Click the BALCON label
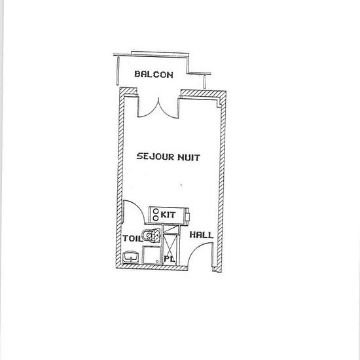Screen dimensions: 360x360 tap(154, 74)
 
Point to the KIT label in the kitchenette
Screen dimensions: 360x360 tap(168, 215)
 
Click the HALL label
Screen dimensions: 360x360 tap(202, 234)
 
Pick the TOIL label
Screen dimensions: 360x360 tap(132, 238)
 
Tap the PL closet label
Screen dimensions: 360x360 tap(170, 259)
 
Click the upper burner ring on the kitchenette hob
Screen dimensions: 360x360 tap(156, 211)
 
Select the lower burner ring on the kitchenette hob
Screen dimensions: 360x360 tap(156, 218)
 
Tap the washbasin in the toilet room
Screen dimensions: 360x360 tap(130, 257)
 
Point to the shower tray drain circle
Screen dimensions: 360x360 tap(157, 261)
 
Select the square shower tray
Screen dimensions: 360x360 tap(151, 255)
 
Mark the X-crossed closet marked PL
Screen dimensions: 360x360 tap(171, 245)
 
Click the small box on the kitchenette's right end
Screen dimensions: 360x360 tap(188, 216)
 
